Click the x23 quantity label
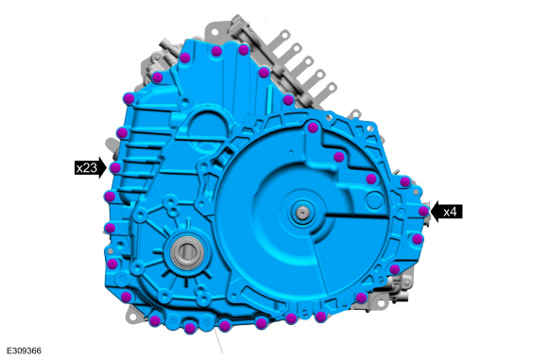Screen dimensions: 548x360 pos(87,168)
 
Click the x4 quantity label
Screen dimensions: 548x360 pos(450,212)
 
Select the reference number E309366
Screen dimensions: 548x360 pos(25,351)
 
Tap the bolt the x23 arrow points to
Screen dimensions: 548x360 pos(115,168)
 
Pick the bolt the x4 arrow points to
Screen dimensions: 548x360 pos(423,211)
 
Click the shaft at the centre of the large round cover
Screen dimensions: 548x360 pos(300,212)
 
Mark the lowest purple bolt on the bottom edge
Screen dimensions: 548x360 pos(190,328)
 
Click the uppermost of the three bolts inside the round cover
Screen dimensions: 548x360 pos(313,128)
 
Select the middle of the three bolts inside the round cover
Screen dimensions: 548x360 pos(338,157)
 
